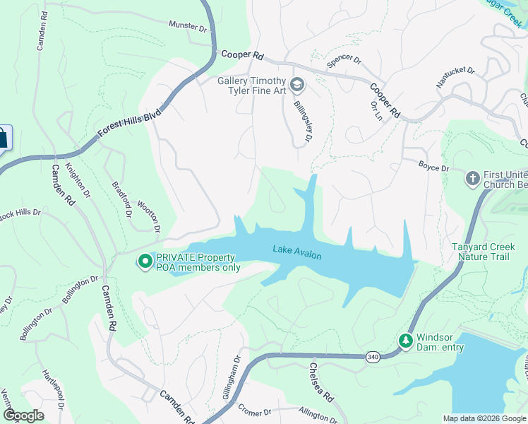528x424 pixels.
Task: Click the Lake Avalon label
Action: click(297, 252)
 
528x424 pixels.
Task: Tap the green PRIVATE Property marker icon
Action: click(145, 262)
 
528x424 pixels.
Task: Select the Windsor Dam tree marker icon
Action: click(406, 341)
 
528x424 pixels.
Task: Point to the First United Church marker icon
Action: click(472, 175)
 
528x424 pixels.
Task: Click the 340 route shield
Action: click(372, 359)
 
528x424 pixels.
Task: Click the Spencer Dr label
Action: click(344, 63)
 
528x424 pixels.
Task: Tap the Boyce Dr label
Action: click(433, 168)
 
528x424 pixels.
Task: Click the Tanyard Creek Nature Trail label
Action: click(480, 252)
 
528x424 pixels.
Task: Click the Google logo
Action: click(23, 416)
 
